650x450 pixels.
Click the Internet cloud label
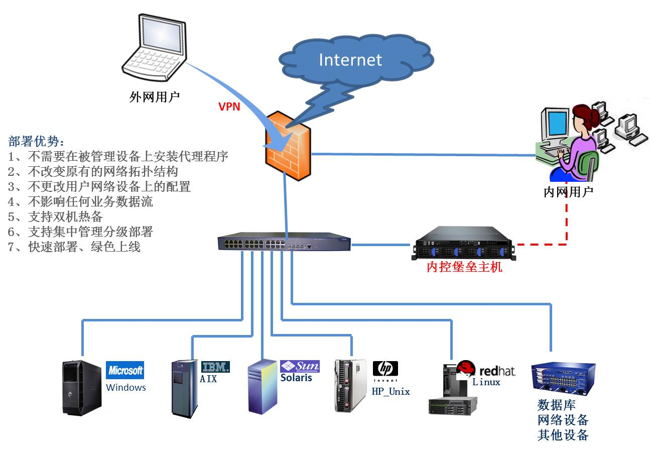point(350,60)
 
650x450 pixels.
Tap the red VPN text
point(229,106)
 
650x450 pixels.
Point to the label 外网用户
point(154,96)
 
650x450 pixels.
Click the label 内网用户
point(568,191)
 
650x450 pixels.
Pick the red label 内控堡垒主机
point(464,267)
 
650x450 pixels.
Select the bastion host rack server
point(464,243)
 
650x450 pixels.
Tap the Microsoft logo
point(125,371)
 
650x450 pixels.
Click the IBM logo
point(215,367)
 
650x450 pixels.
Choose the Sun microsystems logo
point(300,366)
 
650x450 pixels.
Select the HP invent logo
point(385,369)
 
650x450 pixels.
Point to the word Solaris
point(296,378)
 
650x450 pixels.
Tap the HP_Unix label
point(391,391)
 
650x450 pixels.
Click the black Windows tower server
point(82,387)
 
